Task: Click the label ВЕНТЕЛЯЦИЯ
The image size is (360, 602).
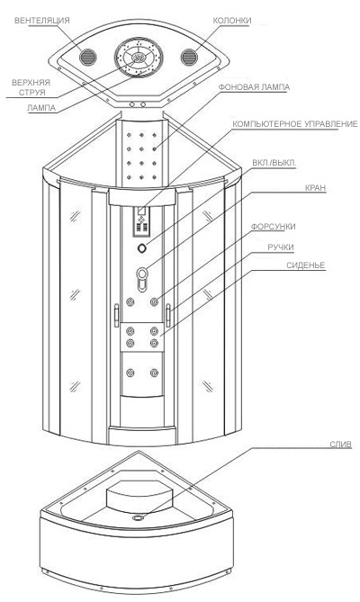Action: (x=42, y=21)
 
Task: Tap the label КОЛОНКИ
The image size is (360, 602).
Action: (x=232, y=21)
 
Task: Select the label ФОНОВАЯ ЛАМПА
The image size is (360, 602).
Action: (x=254, y=87)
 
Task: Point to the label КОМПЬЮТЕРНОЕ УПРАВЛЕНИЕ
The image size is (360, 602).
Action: (x=295, y=124)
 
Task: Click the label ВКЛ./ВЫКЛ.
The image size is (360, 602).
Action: (x=274, y=163)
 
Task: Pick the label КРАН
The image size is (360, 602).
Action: (x=316, y=188)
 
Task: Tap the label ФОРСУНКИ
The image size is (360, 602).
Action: (x=274, y=227)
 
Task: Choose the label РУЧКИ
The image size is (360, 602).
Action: (x=281, y=247)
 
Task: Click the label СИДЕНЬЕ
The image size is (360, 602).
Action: (x=306, y=265)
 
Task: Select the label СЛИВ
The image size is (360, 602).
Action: (x=341, y=445)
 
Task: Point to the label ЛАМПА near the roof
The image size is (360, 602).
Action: (x=41, y=108)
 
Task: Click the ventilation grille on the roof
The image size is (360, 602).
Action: (x=87, y=57)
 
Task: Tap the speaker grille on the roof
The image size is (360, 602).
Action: (x=189, y=57)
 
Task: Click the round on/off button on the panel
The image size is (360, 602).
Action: (x=142, y=248)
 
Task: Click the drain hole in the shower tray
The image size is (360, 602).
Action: (x=138, y=518)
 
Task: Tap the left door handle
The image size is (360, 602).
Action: (x=116, y=315)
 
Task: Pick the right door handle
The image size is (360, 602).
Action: (x=168, y=315)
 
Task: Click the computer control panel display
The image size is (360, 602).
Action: (x=141, y=211)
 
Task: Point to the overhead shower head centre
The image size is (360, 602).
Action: (x=139, y=58)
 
